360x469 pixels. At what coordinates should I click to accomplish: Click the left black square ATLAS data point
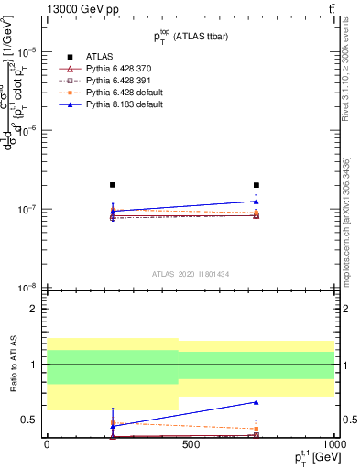click(113, 185)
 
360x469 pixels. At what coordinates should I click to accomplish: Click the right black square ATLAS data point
click(256, 185)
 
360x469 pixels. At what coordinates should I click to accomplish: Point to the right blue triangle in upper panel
click(256, 201)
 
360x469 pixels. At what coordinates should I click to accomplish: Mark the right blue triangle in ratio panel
click(256, 401)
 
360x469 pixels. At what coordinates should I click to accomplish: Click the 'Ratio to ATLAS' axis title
click(11, 365)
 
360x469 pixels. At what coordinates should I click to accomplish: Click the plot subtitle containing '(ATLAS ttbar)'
click(191, 38)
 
